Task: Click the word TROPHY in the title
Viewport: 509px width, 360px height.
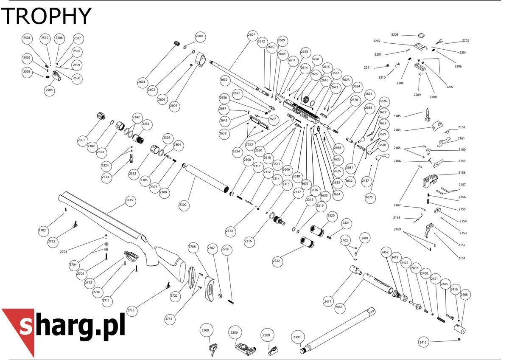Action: click(x=46, y=16)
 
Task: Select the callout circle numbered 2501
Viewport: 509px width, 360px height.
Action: click(x=27, y=38)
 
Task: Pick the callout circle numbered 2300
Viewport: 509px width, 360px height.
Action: click(x=297, y=337)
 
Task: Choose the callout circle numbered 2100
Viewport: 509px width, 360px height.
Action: click(x=205, y=330)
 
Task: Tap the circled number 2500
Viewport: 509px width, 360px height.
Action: click(x=266, y=335)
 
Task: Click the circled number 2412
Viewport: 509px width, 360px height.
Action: click(x=423, y=342)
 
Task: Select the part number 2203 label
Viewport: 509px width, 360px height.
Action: click(x=395, y=35)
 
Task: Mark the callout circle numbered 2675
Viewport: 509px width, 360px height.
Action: click(x=369, y=197)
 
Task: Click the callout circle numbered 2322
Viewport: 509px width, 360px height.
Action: click(x=276, y=261)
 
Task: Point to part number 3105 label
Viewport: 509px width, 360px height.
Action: click(x=397, y=116)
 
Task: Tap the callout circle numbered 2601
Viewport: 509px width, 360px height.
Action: click(x=142, y=82)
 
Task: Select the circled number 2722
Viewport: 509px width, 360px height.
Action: click(x=174, y=295)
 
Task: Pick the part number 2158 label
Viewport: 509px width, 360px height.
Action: click(x=462, y=173)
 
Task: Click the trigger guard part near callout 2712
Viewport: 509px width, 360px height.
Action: click(x=131, y=254)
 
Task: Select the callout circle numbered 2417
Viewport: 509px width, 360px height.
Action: click(x=327, y=302)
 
